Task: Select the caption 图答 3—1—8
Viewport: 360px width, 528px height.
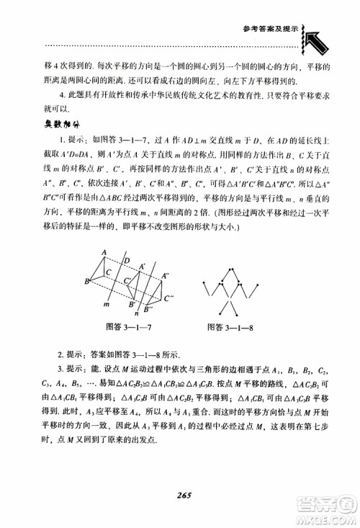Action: [238, 325]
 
